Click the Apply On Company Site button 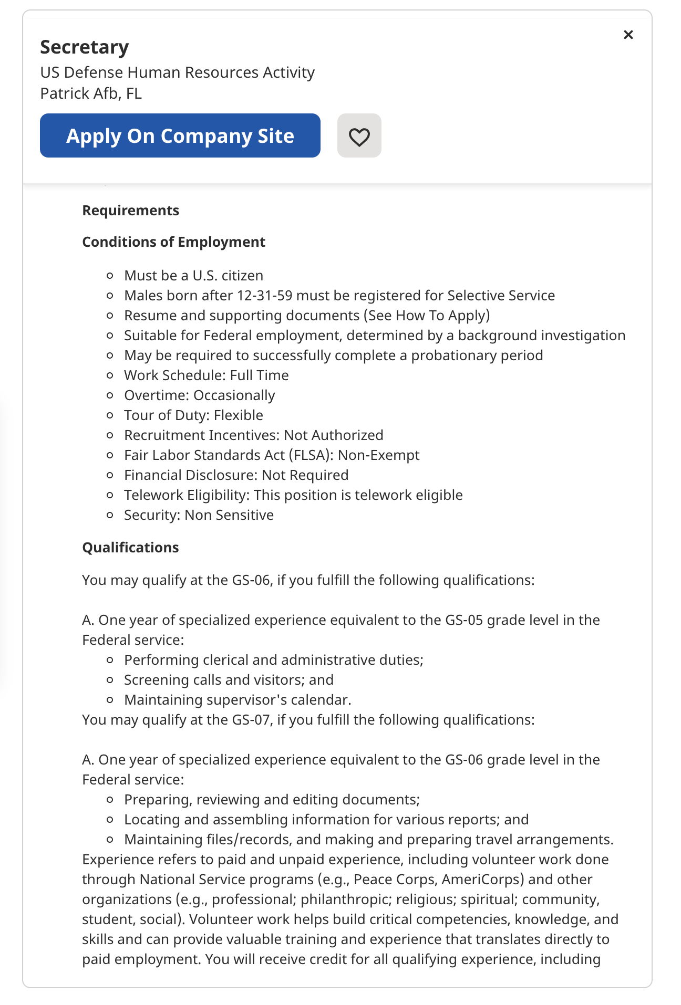pos(180,135)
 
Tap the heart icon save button pos(359,137)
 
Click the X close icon pos(628,35)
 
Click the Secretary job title pos(85,47)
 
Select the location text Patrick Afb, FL pos(91,93)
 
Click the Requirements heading pos(130,211)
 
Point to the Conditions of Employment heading pos(173,242)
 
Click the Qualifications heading pos(130,548)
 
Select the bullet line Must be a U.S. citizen pos(193,276)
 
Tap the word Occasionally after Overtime pos(234,395)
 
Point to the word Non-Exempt pos(378,455)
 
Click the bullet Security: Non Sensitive pos(199,515)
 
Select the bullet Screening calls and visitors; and pos(229,680)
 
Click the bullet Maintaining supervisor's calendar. pos(238,700)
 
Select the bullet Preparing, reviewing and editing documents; pos(272,800)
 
